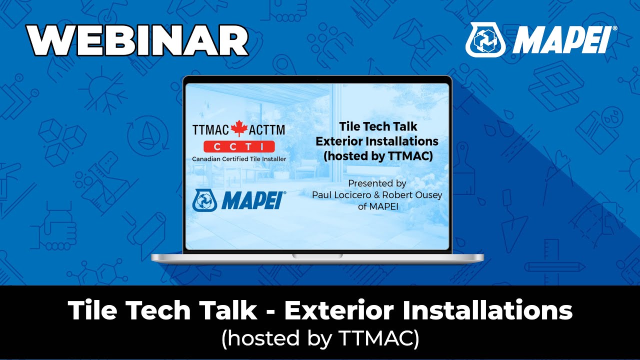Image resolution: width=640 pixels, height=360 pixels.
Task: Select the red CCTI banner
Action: [x=238, y=146]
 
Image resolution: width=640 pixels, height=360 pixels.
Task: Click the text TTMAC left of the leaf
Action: [x=210, y=130]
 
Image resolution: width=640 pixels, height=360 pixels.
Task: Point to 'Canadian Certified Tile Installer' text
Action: [x=238, y=159]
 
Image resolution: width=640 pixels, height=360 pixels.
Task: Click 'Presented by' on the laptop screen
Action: [x=377, y=183]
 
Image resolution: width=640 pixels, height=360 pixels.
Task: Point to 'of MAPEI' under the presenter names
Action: [x=378, y=206]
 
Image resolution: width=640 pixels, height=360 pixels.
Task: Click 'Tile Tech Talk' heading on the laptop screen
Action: [x=377, y=127]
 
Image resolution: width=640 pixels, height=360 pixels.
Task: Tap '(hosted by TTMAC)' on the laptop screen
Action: [x=377, y=155]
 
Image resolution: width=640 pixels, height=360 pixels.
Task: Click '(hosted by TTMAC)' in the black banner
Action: [x=320, y=338]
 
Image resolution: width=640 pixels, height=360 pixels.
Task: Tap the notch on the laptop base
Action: [x=317, y=256]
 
